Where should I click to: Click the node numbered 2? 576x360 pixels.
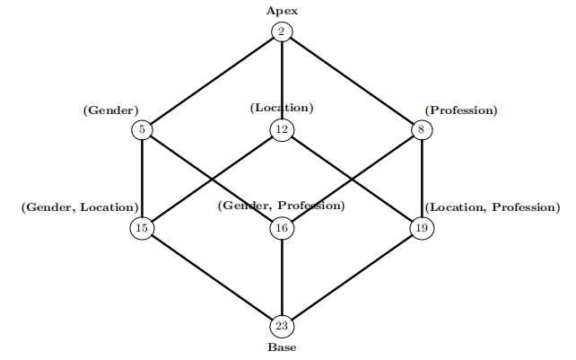pyautogui.click(x=282, y=32)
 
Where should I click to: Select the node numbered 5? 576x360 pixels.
pyautogui.click(x=142, y=130)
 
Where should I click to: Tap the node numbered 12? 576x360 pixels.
pyautogui.click(x=282, y=130)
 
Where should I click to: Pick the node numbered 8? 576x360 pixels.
pyautogui.click(x=422, y=130)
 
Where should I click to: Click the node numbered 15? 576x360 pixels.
pyautogui.click(x=142, y=228)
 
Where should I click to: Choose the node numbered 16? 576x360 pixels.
pyautogui.click(x=282, y=228)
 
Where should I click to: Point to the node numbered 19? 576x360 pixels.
pyautogui.click(x=422, y=228)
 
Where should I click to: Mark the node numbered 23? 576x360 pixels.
pyautogui.click(x=282, y=326)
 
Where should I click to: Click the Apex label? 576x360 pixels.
pyautogui.click(x=282, y=11)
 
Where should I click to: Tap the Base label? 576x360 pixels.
pyautogui.click(x=282, y=347)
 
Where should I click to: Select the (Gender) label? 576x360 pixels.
pyautogui.click(x=110, y=111)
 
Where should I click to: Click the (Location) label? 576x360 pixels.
pyautogui.click(x=282, y=108)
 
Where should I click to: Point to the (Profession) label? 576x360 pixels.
pyautogui.click(x=461, y=111)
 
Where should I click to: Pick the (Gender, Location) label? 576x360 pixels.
pyautogui.click(x=79, y=208)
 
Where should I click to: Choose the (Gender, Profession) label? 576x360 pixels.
pyautogui.click(x=282, y=206)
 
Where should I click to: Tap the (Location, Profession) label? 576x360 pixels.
pyautogui.click(x=492, y=208)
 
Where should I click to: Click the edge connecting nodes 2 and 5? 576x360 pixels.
pyautogui.click(x=212, y=81)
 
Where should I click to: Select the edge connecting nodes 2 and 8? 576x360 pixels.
pyautogui.click(x=352, y=81)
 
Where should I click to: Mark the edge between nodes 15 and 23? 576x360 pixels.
pyautogui.click(x=212, y=277)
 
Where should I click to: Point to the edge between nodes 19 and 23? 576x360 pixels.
pyautogui.click(x=352, y=277)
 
